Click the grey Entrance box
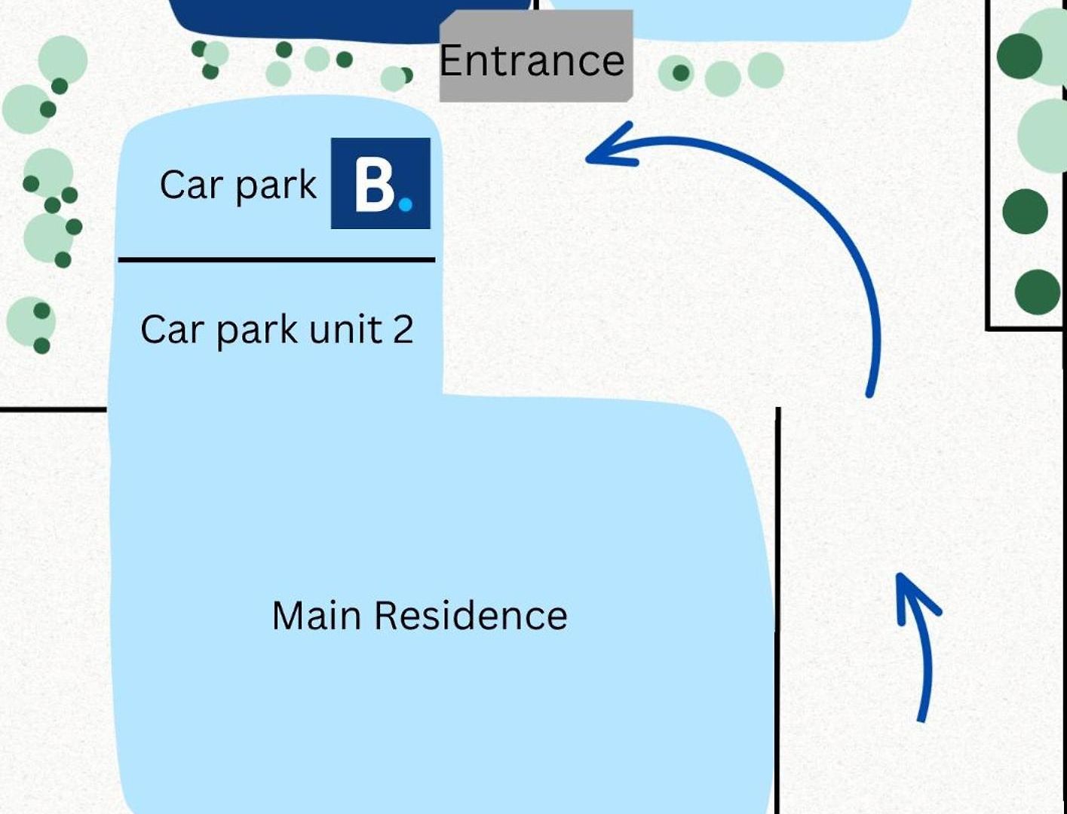(535, 57)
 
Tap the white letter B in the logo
(374, 188)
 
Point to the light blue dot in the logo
(406, 204)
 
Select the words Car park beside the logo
(238, 185)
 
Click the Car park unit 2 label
(277, 330)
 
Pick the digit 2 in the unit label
(403, 329)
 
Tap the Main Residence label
(419, 615)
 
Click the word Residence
(471, 615)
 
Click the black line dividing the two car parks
(277, 260)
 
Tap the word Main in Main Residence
(317, 615)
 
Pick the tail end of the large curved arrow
(869, 394)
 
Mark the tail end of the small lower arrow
(921, 719)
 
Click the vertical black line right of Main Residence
(777, 610)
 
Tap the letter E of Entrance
(450, 60)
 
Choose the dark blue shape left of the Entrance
(350, 20)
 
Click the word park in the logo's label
(276, 186)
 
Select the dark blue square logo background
(381, 183)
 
